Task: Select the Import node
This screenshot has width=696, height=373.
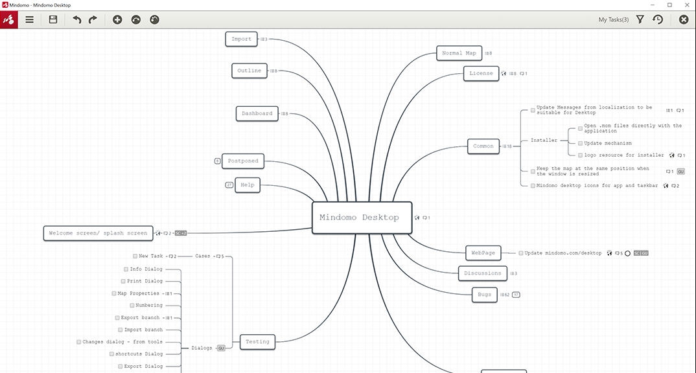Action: [x=242, y=39]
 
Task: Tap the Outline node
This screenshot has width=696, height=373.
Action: [x=249, y=71]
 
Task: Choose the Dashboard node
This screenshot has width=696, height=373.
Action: [x=257, y=113]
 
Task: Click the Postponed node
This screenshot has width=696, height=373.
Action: [x=243, y=161]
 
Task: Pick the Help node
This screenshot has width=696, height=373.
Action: [x=248, y=185]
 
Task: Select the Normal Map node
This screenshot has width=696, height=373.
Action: [x=459, y=53]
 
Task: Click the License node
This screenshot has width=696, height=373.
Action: [x=481, y=73]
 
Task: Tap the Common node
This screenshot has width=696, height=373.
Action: [x=483, y=146]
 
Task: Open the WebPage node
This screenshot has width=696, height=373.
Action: [x=483, y=253]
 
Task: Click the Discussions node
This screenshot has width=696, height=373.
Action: [x=483, y=273]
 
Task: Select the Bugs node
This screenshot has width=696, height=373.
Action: [x=485, y=295]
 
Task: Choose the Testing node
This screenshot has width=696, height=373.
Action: [x=257, y=341]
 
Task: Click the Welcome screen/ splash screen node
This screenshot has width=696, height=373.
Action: [x=98, y=233]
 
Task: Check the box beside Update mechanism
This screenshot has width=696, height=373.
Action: [x=581, y=143]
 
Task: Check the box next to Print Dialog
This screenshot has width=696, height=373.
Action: [x=123, y=281]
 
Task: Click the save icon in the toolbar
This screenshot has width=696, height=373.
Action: [x=53, y=19]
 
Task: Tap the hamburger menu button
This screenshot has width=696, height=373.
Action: [x=30, y=19]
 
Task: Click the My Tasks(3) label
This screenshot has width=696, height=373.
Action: [x=613, y=19]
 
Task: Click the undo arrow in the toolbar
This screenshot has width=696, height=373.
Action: [x=77, y=19]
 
